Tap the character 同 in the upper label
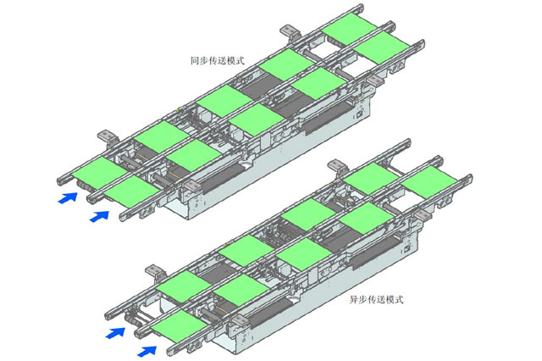(195, 61)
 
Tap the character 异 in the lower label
(354, 299)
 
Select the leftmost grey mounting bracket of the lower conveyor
(152, 270)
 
